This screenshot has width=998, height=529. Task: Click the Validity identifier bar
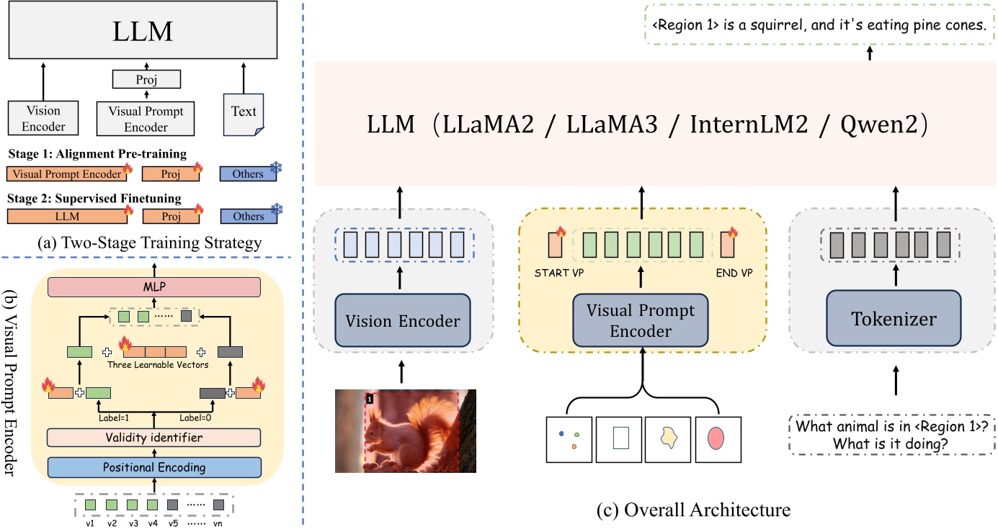click(153, 438)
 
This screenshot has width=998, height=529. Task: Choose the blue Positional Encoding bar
click(153, 467)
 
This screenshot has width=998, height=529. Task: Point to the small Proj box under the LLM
click(146, 78)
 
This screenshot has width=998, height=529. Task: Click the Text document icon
click(244, 113)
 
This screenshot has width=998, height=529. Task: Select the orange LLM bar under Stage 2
click(65, 216)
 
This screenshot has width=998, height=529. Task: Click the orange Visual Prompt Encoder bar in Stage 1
click(65, 173)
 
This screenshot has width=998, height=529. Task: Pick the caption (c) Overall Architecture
click(694, 510)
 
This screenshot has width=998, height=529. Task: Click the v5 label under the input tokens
click(173, 522)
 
